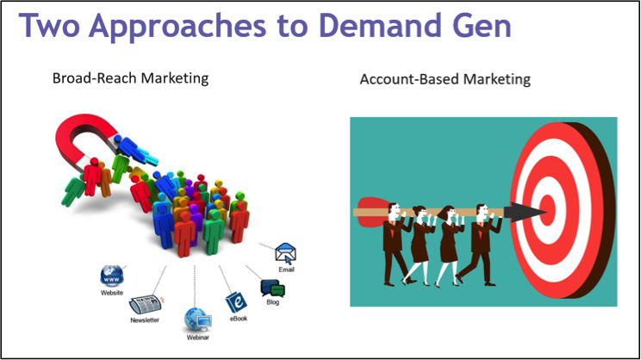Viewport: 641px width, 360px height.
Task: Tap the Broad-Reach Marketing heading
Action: click(x=130, y=78)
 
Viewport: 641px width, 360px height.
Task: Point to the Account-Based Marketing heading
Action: click(x=445, y=79)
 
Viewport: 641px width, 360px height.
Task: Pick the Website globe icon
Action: click(x=112, y=276)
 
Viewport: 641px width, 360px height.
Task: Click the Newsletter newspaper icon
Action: click(x=146, y=305)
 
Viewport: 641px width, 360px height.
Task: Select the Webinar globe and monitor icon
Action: click(x=198, y=320)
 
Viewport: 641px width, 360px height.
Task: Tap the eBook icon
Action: click(x=236, y=302)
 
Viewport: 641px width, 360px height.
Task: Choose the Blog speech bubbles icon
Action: click(x=272, y=288)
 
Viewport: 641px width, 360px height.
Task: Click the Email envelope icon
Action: click(x=286, y=253)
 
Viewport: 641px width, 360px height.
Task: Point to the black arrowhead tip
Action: click(x=547, y=212)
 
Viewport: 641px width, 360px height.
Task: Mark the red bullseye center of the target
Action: click(x=548, y=210)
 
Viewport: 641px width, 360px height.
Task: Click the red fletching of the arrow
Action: click(x=372, y=212)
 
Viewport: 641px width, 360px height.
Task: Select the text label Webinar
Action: click(x=198, y=338)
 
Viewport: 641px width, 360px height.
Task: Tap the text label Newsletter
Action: click(x=145, y=320)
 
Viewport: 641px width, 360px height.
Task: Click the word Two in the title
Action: click(x=49, y=25)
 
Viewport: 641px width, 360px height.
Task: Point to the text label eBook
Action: click(x=239, y=319)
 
